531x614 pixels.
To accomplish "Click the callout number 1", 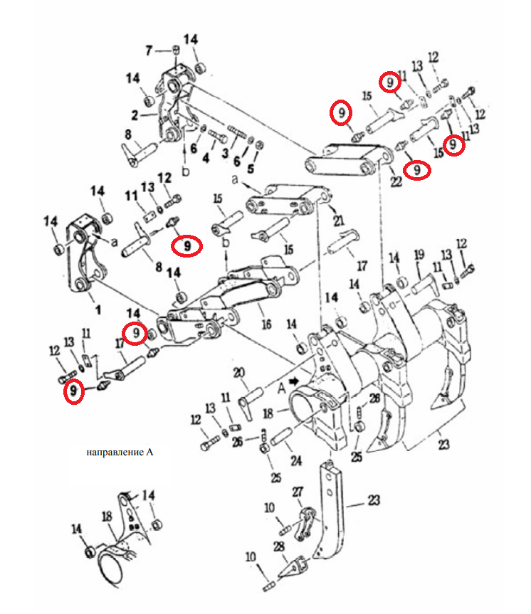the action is point(98,309).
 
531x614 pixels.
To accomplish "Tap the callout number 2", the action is point(135,115).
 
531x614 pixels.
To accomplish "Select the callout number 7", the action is point(149,51).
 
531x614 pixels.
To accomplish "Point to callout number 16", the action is point(266,324).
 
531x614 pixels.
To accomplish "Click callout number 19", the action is point(419,255).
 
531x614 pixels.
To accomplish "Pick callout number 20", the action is point(239,372).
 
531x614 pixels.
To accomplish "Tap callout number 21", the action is point(339,220).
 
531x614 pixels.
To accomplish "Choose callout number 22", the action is point(396,181).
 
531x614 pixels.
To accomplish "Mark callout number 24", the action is point(296,460).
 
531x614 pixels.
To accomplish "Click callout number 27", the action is point(298,492).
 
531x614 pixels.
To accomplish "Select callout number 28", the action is point(278,546).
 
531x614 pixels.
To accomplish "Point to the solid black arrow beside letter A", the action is point(293,381).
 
